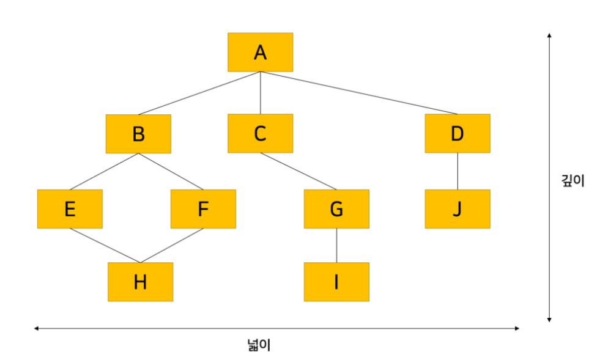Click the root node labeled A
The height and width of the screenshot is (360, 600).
pyautogui.click(x=260, y=53)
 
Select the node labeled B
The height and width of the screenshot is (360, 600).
pyautogui.click(x=138, y=133)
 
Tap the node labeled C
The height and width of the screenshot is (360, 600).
pyautogui.click(x=260, y=133)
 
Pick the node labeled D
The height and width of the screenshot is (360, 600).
pyautogui.click(x=457, y=133)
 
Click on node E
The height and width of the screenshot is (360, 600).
pyautogui.click(x=70, y=209)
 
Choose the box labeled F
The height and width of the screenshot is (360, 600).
pyautogui.click(x=203, y=209)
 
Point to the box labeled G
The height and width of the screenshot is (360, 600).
pyautogui.click(x=336, y=209)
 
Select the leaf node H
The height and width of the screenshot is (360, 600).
pyautogui.click(x=140, y=282)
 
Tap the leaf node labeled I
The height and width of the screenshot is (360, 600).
pyautogui.click(x=336, y=282)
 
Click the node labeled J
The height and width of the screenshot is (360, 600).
pyautogui.click(x=457, y=209)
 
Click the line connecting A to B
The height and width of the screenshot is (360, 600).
pyautogui.click(x=199, y=93)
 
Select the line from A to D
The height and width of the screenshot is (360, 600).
pyautogui.click(x=359, y=93)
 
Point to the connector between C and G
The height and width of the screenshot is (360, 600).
pyautogui.click(x=298, y=171)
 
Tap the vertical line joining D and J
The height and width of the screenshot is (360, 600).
pyautogui.click(x=457, y=171)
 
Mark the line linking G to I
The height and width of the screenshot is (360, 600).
pyautogui.click(x=336, y=246)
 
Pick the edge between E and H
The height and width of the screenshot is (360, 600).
pyautogui.click(x=105, y=246)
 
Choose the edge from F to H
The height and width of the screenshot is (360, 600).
pyautogui.click(x=172, y=246)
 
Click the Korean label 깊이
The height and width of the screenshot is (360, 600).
pyautogui.click(x=573, y=181)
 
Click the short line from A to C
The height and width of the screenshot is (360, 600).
pyautogui.click(x=261, y=93)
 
